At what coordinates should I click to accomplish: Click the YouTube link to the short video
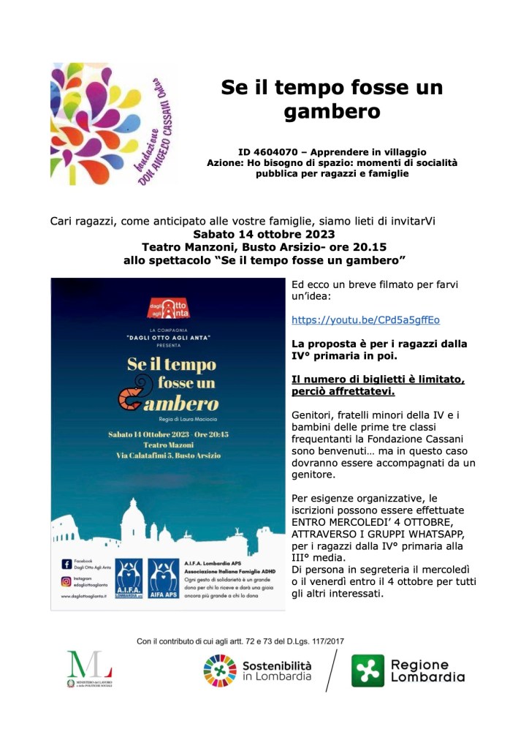tap(365, 320)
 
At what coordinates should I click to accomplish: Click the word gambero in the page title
tap(332, 112)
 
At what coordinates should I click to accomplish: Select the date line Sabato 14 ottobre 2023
tap(264, 235)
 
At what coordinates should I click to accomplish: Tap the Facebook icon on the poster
tap(66, 564)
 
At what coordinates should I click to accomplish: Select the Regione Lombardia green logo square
tap(368, 670)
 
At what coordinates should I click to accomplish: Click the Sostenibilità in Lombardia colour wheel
tap(220, 671)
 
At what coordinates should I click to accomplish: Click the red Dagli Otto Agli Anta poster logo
tap(167, 306)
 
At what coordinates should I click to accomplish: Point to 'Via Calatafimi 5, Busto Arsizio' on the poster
tap(167, 458)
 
